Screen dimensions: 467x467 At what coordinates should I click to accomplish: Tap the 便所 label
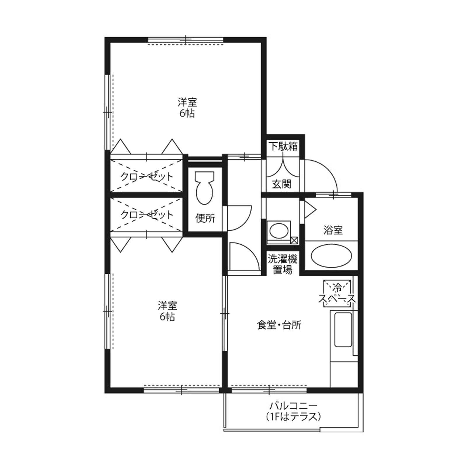coord(205,218)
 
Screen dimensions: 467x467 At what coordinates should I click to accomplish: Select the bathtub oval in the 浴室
coord(331,255)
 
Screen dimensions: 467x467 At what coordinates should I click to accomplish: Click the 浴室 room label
coord(333,230)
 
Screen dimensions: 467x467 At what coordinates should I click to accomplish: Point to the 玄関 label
coord(282,184)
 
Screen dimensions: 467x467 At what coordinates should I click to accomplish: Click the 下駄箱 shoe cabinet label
coord(283,146)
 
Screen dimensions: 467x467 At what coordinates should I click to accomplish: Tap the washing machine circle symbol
coord(279,231)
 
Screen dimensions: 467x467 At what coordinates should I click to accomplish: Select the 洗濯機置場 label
coord(282,264)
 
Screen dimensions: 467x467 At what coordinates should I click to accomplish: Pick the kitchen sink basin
coord(343,330)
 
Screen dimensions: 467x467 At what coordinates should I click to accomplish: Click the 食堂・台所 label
coord(279,325)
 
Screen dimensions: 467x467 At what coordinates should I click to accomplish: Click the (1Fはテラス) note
coord(293,417)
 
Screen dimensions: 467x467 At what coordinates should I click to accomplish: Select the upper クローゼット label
coord(147,177)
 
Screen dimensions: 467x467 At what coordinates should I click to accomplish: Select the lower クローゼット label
coord(147,215)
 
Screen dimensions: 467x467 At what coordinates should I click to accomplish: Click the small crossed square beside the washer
coord(294,240)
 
